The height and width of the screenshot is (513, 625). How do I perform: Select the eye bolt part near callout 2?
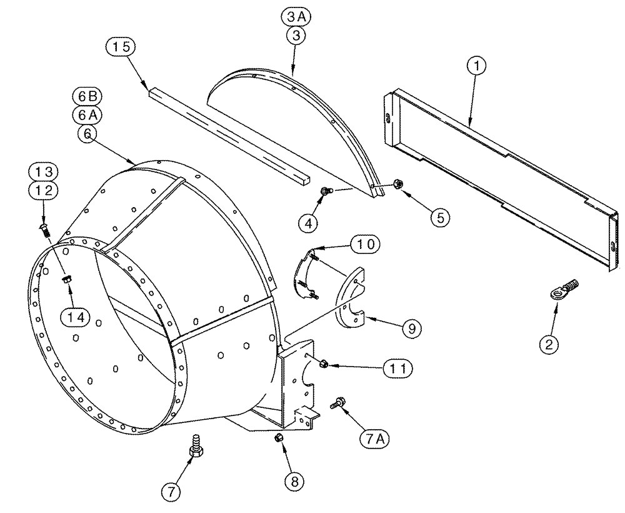pos(562,288)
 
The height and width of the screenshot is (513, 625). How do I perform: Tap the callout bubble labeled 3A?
pos(296,20)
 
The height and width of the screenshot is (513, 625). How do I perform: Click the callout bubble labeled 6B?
pos(87,97)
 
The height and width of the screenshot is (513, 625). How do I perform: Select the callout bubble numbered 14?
pos(76,317)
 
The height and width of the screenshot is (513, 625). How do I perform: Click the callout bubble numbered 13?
pos(42,171)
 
